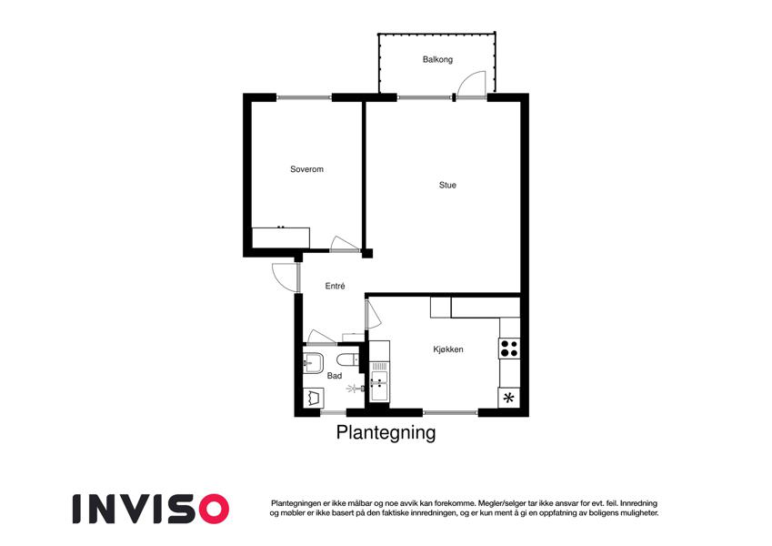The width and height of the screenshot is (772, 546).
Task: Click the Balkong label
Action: pyautogui.click(x=437, y=60)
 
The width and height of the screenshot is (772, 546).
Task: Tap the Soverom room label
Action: pyautogui.click(x=306, y=169)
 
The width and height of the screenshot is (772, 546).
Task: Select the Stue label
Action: pyautogui.click(x=447, y=186)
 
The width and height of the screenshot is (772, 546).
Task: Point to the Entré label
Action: pyautogui.click(x=335, y=286)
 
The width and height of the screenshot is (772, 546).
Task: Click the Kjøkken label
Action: pyautogui.click(x=448, y=349)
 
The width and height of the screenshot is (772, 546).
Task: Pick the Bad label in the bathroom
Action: pyautogui.click(x=335, y=376)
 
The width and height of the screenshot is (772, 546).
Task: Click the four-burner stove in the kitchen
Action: pyautogui.click(x=509, y=349)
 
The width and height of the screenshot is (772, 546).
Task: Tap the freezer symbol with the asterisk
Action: pyautogui.click(x=509, y=397)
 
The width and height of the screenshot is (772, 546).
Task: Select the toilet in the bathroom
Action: pyautogui.click(x=348, y=359)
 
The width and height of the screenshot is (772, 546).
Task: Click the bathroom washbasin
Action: pyautogui.click(x=313, y=363)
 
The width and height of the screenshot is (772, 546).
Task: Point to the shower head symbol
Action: pyautogui.click(x=354, y=389)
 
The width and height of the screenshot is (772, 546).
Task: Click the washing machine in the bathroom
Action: pyautogui.click(x=313, y=397)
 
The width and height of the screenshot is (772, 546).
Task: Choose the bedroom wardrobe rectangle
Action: pyautogui.click(x=281, y=238)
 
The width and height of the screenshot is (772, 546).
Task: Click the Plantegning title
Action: pyautogui.click(x=386, y=432)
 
